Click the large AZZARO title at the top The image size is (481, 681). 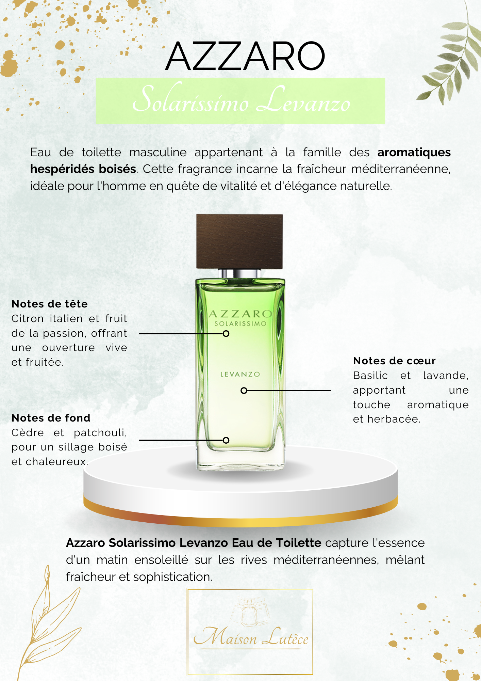pos(245,56)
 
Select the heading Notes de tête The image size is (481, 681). pos(50,304)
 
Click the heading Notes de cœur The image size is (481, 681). pos(394,361)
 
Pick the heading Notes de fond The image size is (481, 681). pos(51,418)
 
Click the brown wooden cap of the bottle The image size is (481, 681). pos(239,241)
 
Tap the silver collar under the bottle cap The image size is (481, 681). pos(239,273)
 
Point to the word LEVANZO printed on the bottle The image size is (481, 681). pos(240,374)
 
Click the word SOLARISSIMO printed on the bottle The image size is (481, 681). pos(240,323)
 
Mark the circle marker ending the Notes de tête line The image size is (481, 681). pos(226,334)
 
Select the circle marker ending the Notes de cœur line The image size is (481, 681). pos(244,391)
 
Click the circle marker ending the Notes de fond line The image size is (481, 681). pos(226,440)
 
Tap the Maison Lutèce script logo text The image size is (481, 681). pos(251,637)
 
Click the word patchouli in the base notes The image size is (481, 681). pos(100,433)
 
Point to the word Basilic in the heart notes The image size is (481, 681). pos(370,375)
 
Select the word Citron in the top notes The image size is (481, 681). pos(28,319)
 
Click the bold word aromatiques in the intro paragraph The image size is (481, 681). pos(414,152)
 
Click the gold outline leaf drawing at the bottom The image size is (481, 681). pos(48,623)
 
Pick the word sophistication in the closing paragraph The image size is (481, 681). pos(172,577)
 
